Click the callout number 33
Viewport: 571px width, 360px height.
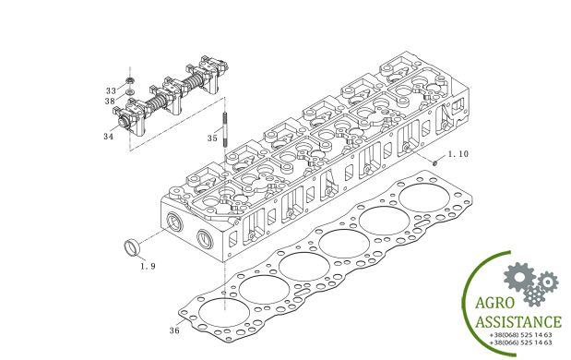[111, 90]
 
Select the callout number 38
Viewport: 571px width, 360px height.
[111, 101]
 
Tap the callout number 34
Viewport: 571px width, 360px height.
[110, 136]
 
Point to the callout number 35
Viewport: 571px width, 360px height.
[212, 138]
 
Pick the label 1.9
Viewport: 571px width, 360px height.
[148, 266]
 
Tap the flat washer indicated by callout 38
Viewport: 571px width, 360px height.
[131, 92]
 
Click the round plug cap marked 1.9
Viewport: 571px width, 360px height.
[133, 246]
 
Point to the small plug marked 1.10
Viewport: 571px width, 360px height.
[433, 162]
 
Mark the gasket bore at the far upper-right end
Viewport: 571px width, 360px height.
[421, 199]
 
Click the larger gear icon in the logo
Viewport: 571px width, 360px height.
[519, 274]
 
